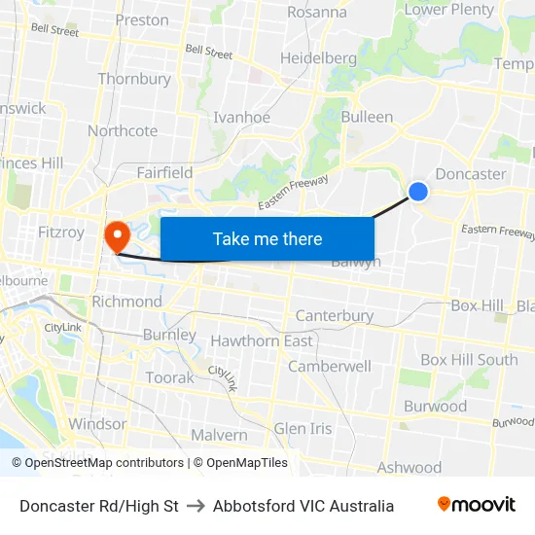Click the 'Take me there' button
267,239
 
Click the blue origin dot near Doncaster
418,192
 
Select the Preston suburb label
142,19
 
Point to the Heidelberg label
318,58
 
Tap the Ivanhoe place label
241,118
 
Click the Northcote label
123,131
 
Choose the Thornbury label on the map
134,79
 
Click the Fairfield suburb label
164,173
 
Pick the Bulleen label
367,117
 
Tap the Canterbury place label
334,316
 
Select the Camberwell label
330,367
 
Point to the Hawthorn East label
262,341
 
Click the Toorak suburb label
169,377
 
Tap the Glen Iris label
303,429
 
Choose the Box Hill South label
469,360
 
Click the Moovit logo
476,505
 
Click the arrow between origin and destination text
196,506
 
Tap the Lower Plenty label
449,10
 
